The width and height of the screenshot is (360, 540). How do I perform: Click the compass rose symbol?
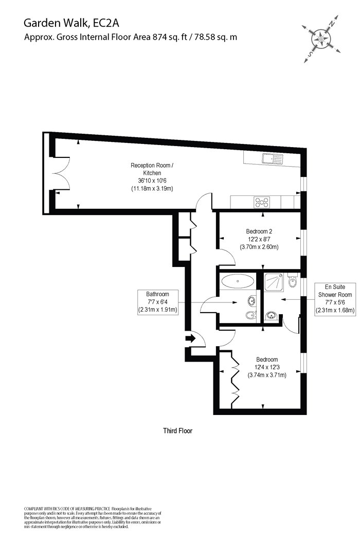(321, 39)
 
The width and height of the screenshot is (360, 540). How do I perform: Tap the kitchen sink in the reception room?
(272, 159)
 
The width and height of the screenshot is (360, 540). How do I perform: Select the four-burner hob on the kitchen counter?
(262, 202)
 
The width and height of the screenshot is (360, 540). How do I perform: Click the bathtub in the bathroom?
(238, 281)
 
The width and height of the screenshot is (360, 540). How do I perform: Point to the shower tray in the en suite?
(274, 283)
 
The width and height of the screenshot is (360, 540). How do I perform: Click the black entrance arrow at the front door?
(190, 338)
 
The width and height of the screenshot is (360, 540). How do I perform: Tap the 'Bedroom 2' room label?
(259, 231)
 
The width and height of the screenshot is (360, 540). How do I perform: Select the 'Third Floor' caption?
(178, 430)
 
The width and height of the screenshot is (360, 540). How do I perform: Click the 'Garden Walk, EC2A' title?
(71, 24)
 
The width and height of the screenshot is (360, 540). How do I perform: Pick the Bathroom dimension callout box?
(157, 302)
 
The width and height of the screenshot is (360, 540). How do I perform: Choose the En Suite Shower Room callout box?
(335, 299)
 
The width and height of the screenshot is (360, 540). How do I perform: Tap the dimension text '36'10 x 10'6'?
(152, 181)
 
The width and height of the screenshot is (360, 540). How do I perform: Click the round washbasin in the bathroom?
(251, 301)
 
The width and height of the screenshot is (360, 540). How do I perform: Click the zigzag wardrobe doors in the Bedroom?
(235, 379)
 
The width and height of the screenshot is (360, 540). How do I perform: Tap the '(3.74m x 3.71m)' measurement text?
(267, 375)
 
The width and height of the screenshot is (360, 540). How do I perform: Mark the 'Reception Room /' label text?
(152, 165)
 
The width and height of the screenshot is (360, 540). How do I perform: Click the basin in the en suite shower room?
(271, 315)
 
